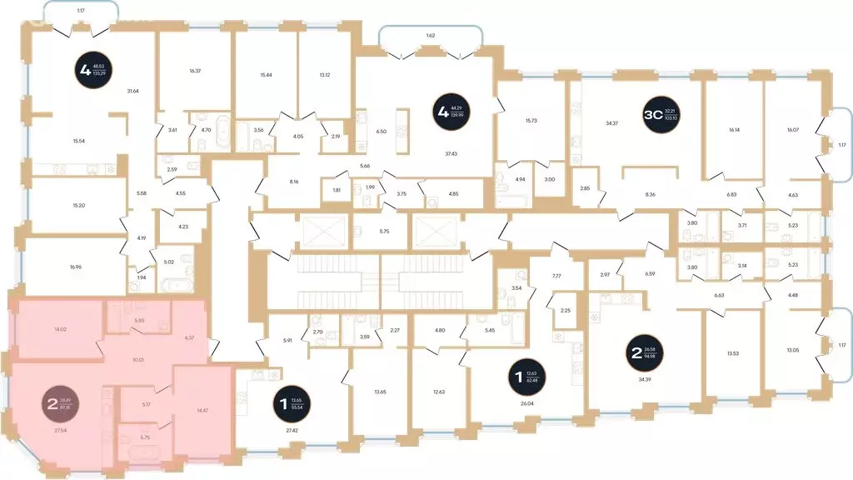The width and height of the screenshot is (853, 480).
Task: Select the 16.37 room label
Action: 195,71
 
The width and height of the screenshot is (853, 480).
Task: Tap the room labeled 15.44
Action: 267,75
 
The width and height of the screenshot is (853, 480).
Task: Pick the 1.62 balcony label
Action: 430,37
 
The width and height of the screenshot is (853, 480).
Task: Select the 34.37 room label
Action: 611,124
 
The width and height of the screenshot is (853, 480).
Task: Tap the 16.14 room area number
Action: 733,130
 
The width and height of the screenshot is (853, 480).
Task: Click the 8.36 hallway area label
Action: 649,194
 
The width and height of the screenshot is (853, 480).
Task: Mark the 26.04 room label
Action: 526,402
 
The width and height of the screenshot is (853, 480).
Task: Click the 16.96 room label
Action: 77,267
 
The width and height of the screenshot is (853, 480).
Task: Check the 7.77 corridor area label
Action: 557,276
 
